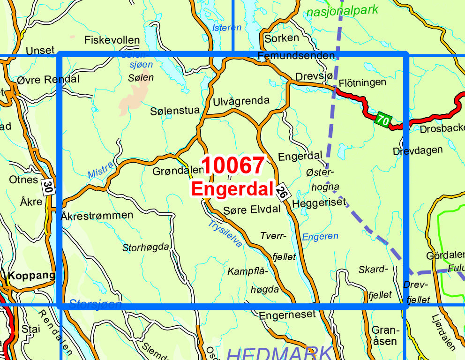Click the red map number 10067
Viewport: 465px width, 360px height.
[233, 165]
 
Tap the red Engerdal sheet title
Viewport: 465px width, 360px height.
[232, 189]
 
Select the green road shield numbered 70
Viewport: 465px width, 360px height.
[382, 120]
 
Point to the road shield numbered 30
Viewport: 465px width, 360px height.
[47, 187]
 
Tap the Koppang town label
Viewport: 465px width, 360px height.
[32, 276]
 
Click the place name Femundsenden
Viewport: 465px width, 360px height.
[296, 56]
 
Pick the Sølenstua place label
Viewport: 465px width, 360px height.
[175, 111]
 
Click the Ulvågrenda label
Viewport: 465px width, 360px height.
[241, 100]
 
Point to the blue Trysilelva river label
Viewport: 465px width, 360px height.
[225, 233]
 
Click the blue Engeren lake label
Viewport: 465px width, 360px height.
[320, 237]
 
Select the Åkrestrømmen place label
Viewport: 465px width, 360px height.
[97, 215]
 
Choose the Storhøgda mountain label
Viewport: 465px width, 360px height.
[145, 247]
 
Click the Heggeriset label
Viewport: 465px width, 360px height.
[319, 202]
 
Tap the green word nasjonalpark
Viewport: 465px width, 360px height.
[342, 11]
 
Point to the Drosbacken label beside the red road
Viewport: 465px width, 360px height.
[442, 128]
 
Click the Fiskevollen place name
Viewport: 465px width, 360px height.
[112, 40]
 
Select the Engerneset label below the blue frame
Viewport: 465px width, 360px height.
[287, 315]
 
